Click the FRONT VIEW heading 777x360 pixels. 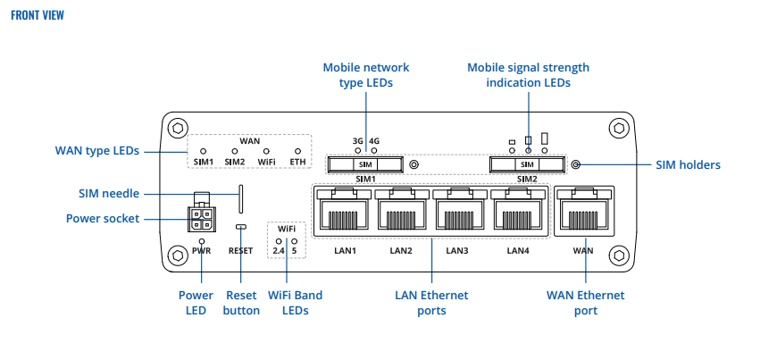pyautogui.click(x=38, y=15)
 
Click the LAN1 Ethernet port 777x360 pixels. pyautogui.click(x=344, y=213)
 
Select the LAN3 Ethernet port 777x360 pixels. pyautogui.click(x=459, y=213)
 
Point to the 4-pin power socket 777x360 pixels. pyautogui.click(x=202, y=219)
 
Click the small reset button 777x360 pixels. pyautogui.click(x=240, y=228)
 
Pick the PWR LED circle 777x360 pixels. pyautogui.click(x=202, y=241)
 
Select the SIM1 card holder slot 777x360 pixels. pyautogui.click(x=364, y=164)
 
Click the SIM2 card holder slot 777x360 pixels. pyautogui.click(x=527, y=164)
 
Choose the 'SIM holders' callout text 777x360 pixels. pyautogui.click(x=688, y=165)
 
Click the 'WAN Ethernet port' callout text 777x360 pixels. pyautogui.click(x=585, y=303)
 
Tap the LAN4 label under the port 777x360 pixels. pyautogui.click(x=517, y=251)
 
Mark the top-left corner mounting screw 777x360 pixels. pyautogui.click(x=178, y=127)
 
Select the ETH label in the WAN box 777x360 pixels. pyautogui.click(x=298, y=162)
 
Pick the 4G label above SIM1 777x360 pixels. pyautogui.click(x=374, y=141)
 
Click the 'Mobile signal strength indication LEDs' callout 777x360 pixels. pyautogui.click(x=528, y=75)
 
